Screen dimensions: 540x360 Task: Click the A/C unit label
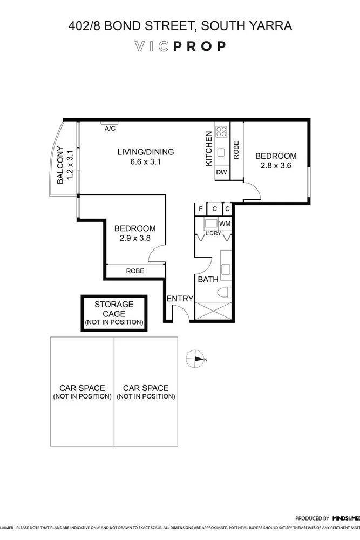pos(110,129)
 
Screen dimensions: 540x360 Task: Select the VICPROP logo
pos(180,46)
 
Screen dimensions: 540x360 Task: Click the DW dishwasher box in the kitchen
pos(221,172)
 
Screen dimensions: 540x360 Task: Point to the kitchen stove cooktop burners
pos(221,131)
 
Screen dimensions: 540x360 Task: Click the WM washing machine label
pos(225,223)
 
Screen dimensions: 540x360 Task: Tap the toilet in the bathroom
pos(226,293)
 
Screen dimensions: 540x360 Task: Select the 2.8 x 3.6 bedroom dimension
pos(276,166)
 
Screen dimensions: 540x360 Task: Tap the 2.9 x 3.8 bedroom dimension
pos(135,238)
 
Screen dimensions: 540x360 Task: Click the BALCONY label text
pos(60,165)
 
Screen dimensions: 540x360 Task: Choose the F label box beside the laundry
pos(201,209)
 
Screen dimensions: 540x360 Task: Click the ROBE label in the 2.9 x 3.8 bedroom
pos(135,271)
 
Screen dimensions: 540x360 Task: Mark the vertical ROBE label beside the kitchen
pos(236,150)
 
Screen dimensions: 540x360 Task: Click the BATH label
pos(208,280)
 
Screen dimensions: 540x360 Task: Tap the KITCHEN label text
pos(208,148)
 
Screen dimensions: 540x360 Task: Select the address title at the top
pos(180,25)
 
